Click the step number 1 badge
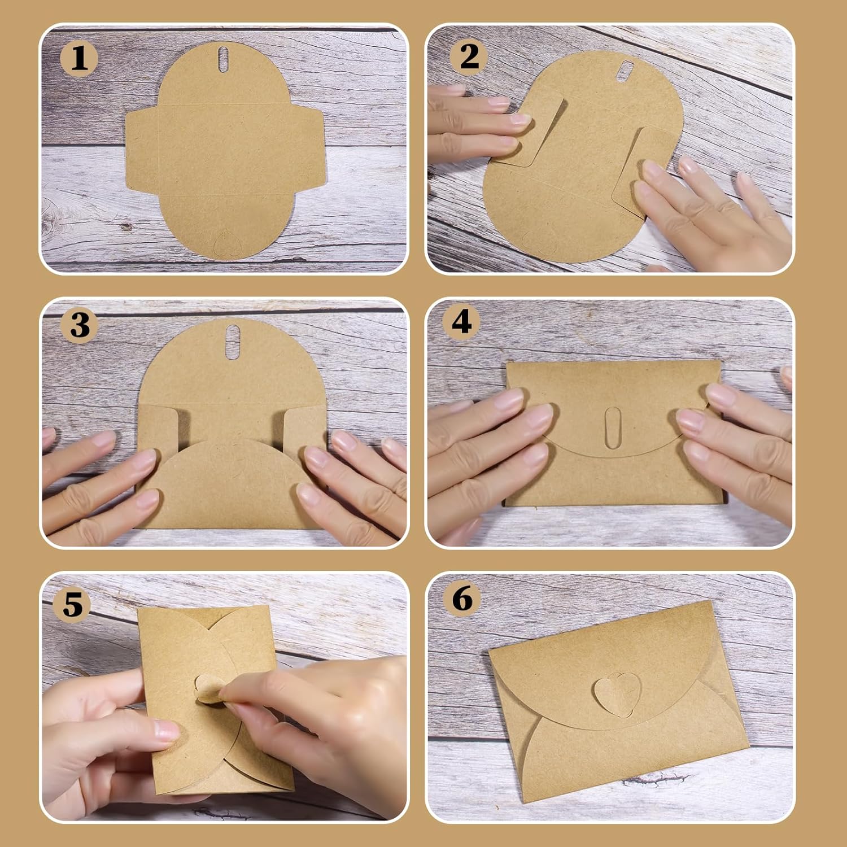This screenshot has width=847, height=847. pyautogui.click(x=80, y=58)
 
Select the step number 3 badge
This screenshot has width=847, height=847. pyautogui.click(x=80, y=326)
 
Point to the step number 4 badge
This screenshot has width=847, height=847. pyautogui.click(x=461, y=322)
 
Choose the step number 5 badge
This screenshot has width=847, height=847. pyautogui.click(x=72, y=604)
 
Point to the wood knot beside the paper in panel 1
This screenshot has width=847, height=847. pyautogui.click(x=125, y=227)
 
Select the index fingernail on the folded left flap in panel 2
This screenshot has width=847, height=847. pyautogui.click(x=519, y=120)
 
